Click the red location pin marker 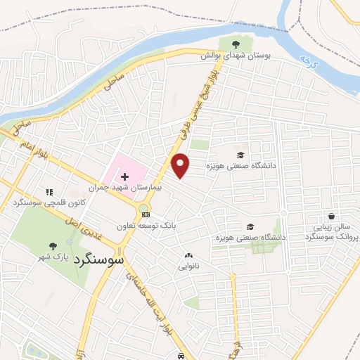[x=181, y=165]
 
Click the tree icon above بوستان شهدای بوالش [x=245, y=44]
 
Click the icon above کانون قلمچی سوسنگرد [x=49, y=191]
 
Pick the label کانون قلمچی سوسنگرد [x=44, y=202]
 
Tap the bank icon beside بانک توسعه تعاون [x=146, y=214]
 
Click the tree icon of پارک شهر [x=53, y=246]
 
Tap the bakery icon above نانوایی [x=188, y=255]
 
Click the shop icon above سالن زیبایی [x=330, y=216]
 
